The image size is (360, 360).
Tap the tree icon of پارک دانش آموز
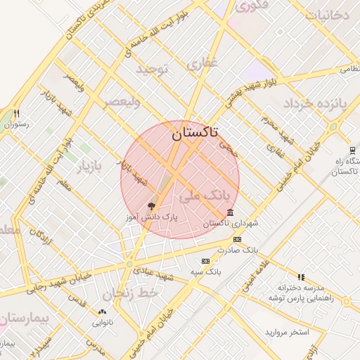(x=151, y=206)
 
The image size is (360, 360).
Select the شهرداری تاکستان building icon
(x=231, y=212)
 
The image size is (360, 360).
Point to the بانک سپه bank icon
(x=205, y=261)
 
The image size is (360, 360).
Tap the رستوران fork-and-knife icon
(x=16, y=113)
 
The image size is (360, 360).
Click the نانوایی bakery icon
(x=102, y=311)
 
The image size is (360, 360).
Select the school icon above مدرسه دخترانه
(x=301, y=277)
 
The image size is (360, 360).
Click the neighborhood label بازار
(x=89, y=167)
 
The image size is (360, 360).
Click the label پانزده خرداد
(x=316, y=104)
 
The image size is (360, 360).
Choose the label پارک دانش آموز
(x=152, y=219)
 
